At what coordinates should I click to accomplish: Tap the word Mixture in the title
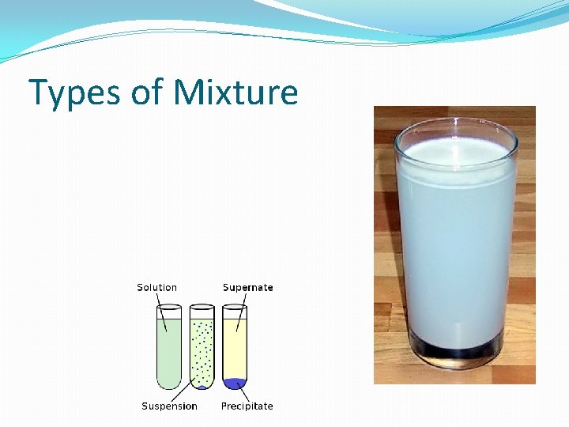[x=236, y=93]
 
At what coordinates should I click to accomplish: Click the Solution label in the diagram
[x=156, y=288]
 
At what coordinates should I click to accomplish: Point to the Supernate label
[x=247, y=288]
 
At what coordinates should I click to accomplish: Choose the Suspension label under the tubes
[x=169, y=406]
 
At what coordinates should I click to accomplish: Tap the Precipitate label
[x=247, y=406]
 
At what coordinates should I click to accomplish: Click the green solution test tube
[x=169, y=348]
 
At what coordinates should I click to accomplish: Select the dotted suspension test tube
[x=202, y=348]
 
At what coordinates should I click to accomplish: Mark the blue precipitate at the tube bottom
[x=235, y=384]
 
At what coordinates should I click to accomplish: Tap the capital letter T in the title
[x=39, y=93]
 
